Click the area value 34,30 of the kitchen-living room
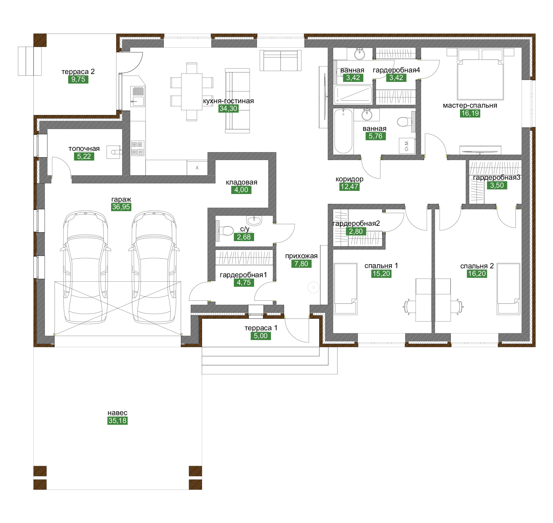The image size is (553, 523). (x=228, y=109)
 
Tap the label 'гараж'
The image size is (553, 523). (x=121, y=199)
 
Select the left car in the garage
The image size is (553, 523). (x=85, y=267)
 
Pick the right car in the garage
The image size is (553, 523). (x=154, y=267)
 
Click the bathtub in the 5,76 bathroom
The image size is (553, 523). (x=343, y=131)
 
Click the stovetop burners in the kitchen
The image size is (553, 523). (x=138, y=148)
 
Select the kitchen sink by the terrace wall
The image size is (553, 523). (x=138, y=97)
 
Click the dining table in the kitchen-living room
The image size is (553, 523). (x=192, y=92)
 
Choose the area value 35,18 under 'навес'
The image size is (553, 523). (x=117, y=421)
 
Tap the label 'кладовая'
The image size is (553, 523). (x=241, y=182)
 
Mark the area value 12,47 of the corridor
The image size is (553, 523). (x=349, y=187)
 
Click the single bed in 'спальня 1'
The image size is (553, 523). (x=346, y=289)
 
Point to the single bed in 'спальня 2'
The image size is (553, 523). (x=509, y=289)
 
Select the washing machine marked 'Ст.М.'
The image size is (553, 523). (x=407, y=146)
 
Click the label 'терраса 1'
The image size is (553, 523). (x=261, y=328)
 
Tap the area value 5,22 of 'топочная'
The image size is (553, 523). (x=84, y=157)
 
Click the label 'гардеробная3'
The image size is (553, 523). (x=497, y=178)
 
